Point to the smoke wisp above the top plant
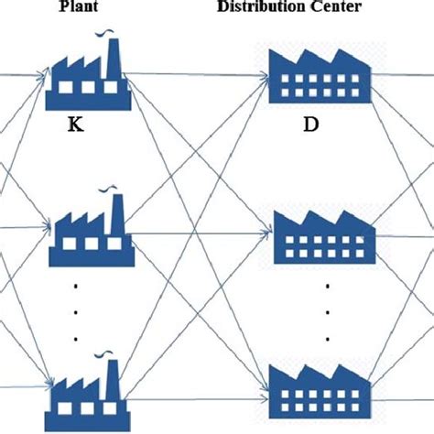pyautogui.click(x=111, y=37)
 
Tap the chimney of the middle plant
pyautogui.click(x=115, y=216)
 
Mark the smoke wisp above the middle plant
pyautogui.click(x=113, y=192)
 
